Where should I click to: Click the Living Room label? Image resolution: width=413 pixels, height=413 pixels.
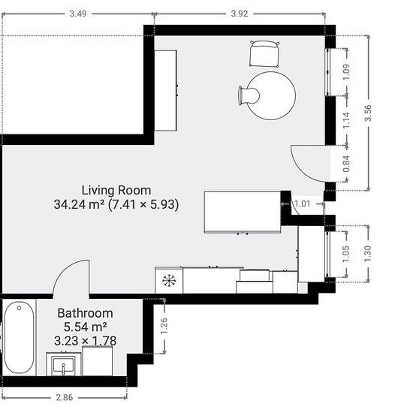click(116, 191)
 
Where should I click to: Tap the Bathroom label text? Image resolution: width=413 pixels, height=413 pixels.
click(85, 313)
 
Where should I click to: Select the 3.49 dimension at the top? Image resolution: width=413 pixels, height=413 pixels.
click(78, 14)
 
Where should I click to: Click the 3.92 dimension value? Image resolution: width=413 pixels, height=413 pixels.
click(240, 14)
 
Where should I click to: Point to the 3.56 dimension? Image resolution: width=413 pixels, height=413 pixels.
click(368, 113)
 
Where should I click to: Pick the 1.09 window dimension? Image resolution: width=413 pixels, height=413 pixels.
click(346, 72)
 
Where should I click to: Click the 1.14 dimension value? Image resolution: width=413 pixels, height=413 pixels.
click(346, 120)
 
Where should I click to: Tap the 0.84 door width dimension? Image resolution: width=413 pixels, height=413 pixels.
click(346, 164)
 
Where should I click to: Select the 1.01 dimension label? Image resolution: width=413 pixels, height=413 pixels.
click(303, 203)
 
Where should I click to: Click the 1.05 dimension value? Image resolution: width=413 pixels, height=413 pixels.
click(346, 254)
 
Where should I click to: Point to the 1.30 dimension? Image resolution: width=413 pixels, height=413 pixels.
click(368, 254)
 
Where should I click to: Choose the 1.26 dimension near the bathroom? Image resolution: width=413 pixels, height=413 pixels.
click(164, 326)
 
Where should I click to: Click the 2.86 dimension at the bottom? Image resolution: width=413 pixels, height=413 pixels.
click(65, 397)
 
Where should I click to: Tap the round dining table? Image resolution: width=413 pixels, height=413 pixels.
click(271, 96)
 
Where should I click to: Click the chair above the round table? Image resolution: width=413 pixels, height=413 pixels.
click(264, 54)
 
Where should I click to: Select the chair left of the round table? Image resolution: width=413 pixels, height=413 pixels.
click(249, 96)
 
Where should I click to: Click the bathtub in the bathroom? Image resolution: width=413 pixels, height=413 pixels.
click(20, 337)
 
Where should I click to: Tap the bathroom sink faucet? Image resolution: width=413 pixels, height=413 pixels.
click(63, 369)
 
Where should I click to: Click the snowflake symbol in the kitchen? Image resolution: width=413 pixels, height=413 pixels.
click(169, 281)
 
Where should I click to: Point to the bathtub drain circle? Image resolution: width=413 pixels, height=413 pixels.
click(19, 308)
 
